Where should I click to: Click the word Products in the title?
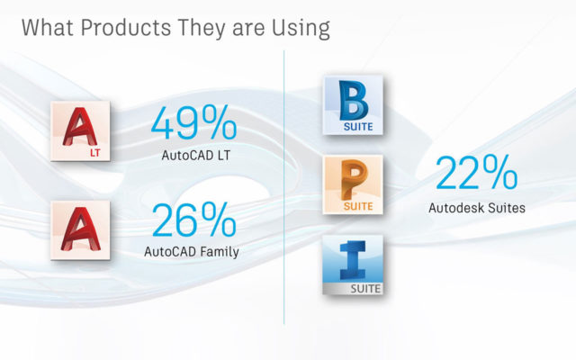(126, 28)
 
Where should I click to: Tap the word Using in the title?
(301, 29)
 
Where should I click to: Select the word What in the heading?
(48, 28)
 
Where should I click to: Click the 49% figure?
(193, 122)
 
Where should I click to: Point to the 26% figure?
(193, 220)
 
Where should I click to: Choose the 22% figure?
(476, 172)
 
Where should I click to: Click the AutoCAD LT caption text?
(196, 156)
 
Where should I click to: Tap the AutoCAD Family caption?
(192, 252)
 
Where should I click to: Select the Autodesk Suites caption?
(477, 208)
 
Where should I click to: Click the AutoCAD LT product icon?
(80, 131)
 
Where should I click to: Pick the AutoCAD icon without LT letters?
(80, 230)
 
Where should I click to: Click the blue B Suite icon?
(353, 105)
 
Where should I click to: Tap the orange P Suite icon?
(353, 184)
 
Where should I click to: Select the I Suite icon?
(353, 265)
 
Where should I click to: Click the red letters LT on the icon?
(95, 153)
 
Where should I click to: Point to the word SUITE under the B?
(358, 127)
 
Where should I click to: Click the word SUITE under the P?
(358, 206)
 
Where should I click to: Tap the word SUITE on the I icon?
(365, 289)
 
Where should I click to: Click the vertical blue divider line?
(284, 187)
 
